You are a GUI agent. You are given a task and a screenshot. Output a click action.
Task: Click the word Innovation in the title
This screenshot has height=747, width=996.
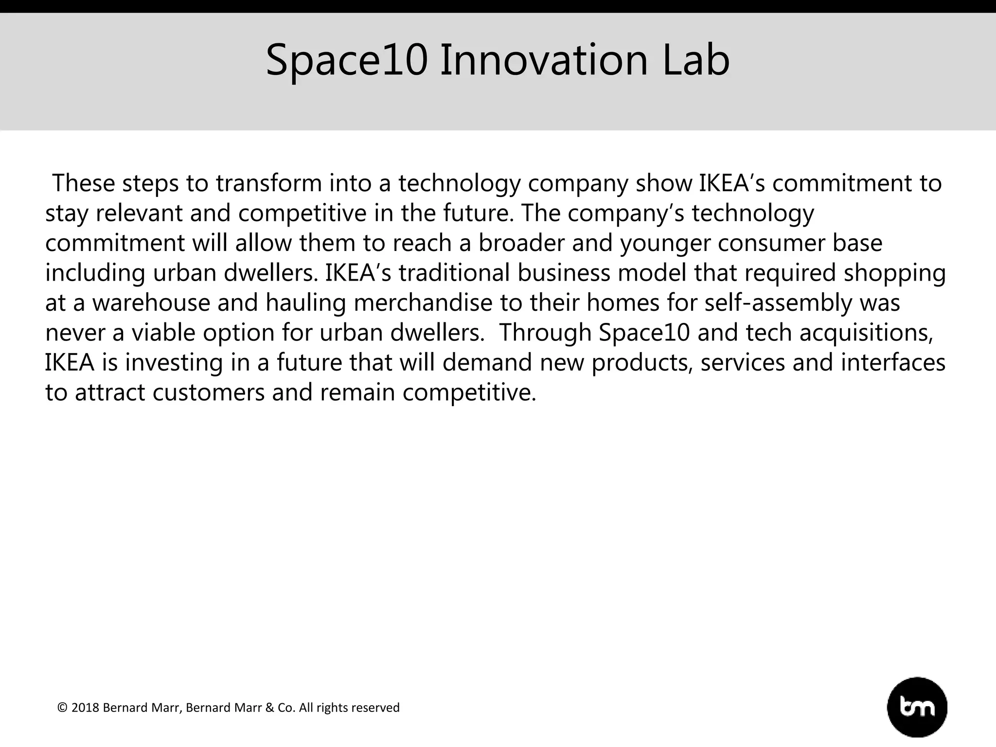click(x=544, y=60)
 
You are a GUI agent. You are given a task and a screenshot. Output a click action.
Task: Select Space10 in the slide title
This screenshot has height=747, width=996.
click(x=347, y=60)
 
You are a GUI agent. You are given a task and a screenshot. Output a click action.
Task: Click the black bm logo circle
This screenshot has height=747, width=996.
click(x=917, y=707)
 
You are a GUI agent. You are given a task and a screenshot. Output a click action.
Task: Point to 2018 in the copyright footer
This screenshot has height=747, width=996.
click(x=86, y=708)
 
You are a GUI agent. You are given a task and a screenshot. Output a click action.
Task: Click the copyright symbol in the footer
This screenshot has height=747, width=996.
click(x=62, y=708)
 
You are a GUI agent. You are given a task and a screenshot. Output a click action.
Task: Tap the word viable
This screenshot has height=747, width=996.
click(x=163, y=333)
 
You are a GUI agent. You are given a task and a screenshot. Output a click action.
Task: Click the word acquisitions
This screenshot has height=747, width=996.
click(x=866, y=333)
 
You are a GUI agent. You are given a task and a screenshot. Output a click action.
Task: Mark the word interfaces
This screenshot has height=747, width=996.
click(x=893, y=363)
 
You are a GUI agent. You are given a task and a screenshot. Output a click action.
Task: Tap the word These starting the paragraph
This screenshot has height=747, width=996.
click(x=83, y=183)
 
